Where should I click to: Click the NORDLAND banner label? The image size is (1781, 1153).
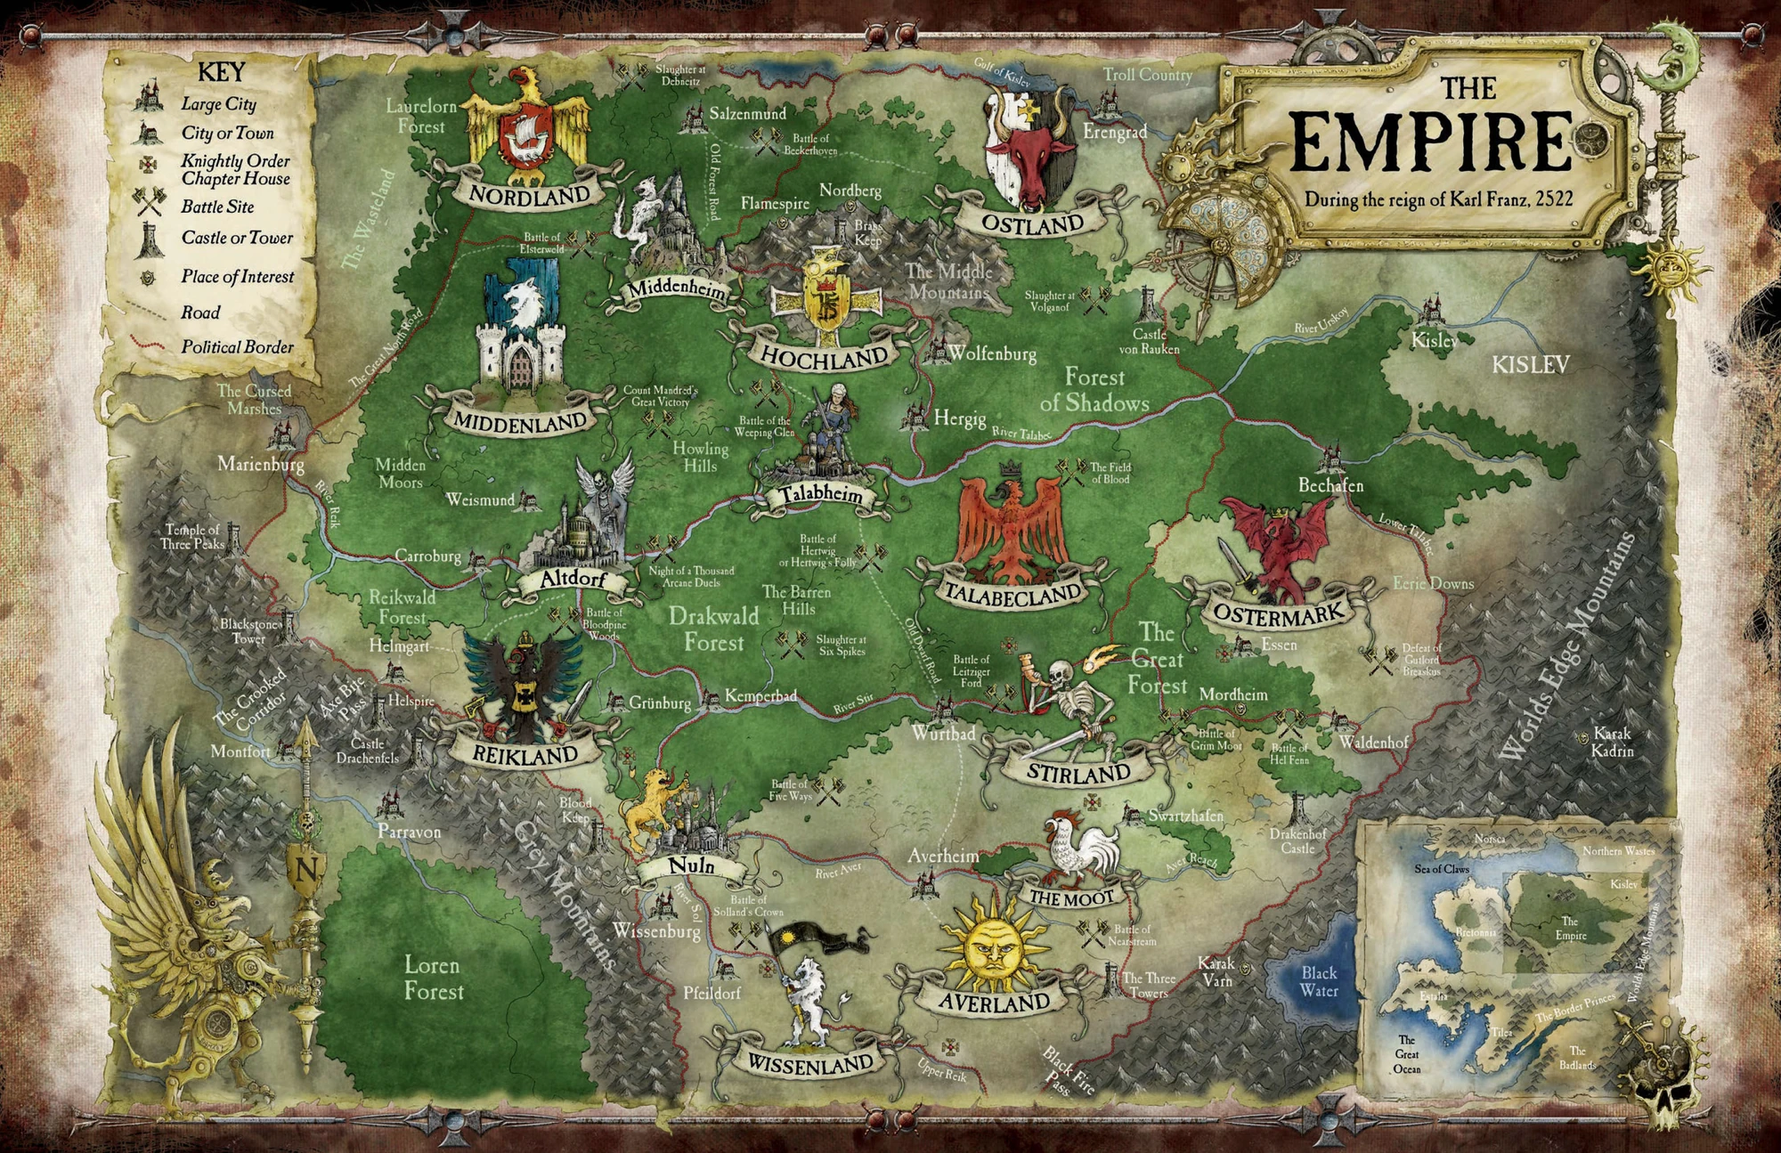pyautogui.click(x=529, y=195)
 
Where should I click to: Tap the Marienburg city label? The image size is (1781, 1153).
pyautogui.click(x=261, y=464)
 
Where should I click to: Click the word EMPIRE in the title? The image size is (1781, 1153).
pyautogui.click(x=1428, y=142)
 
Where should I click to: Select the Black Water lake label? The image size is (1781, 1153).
pyautogui.click(x=1318, y=981)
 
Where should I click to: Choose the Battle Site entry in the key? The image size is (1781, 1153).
pyautogui.click(x=217, y=207)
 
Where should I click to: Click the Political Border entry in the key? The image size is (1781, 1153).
pyautogui.click(x=237, y=346)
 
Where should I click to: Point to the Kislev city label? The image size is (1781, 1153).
pyautogui.click(x=1435, y=340)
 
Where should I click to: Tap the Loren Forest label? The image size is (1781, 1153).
pyautogui.click(x=434, y=978)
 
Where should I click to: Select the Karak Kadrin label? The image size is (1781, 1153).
pyautogui.click(x=1612, y=742)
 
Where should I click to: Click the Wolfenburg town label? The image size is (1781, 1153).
pyautogui.click(x=991, y=353)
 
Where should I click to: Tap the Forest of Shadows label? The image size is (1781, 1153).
pyautogui.click(x=1094, y=390)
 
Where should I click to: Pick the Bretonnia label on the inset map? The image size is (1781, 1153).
pyautogui.click(x=1475, y=932)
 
